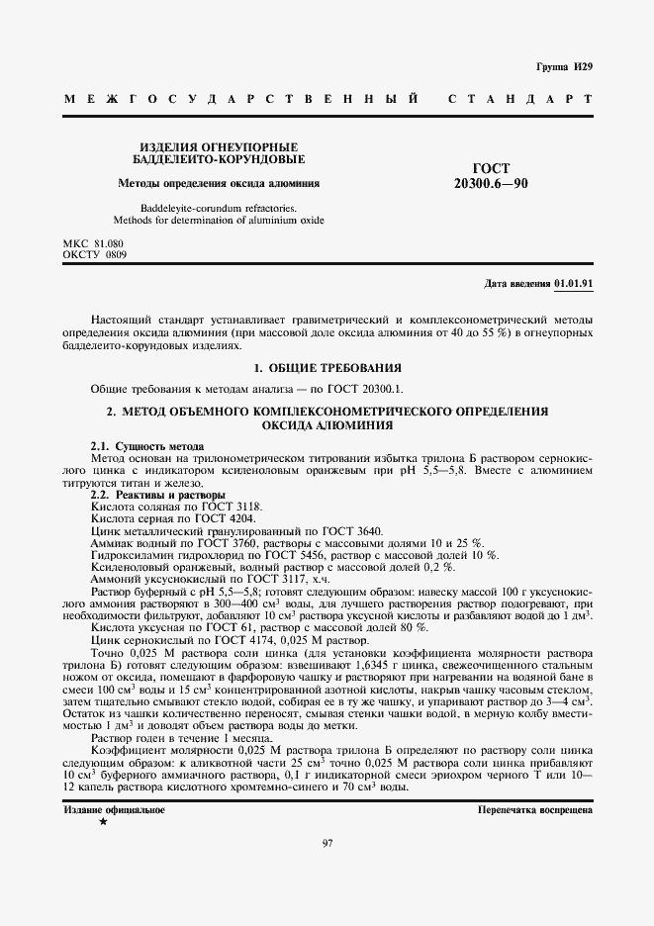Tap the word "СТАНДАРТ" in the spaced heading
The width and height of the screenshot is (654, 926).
coord(520,100)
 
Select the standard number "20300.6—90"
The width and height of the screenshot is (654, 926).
coord(491,184)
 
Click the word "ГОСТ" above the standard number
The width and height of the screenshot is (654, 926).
coord(491,169)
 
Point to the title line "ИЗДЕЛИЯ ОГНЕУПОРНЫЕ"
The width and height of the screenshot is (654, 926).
coord(218,145)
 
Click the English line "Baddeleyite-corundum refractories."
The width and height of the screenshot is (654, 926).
coord(218,208)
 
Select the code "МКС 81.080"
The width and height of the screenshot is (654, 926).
coord(93,242)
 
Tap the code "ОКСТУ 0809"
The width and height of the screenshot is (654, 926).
coord(95,254)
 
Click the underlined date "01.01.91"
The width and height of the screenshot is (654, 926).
coord(573,283)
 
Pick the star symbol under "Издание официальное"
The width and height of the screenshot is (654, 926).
coord(103,822)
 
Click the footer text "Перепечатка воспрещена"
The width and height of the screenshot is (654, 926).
coord(534,809)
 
